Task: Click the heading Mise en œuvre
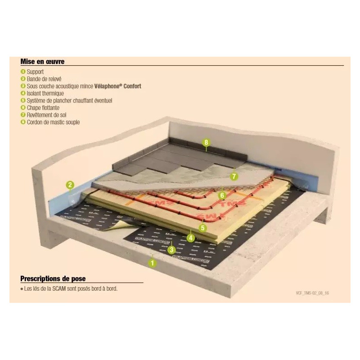click(x=42, y=62)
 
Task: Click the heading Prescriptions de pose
click(x=53, y=279)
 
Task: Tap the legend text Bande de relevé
click(x=44, y=79)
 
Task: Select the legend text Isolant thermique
click(x=45, y=93)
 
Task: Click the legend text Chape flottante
click(x=43, y=108)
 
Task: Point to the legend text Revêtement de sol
click(x=47, y=115)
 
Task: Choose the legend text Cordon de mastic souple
click(x=53, y=122)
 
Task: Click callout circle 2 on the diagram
click(x=70, y=184)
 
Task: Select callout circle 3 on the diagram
click(x=171, y=249)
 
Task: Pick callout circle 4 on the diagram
click(x=191, y=238)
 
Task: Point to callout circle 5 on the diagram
click(x=203, y=228)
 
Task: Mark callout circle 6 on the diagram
click(x=221, y=195)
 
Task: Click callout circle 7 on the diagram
click(x=234, y=176)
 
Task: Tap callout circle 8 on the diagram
click(x=206, y=143)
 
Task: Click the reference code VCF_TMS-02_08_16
click(x=315, y=293)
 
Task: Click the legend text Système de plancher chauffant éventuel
click(x=69, y=100)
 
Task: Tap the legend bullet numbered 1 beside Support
click(x=22, y=72)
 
